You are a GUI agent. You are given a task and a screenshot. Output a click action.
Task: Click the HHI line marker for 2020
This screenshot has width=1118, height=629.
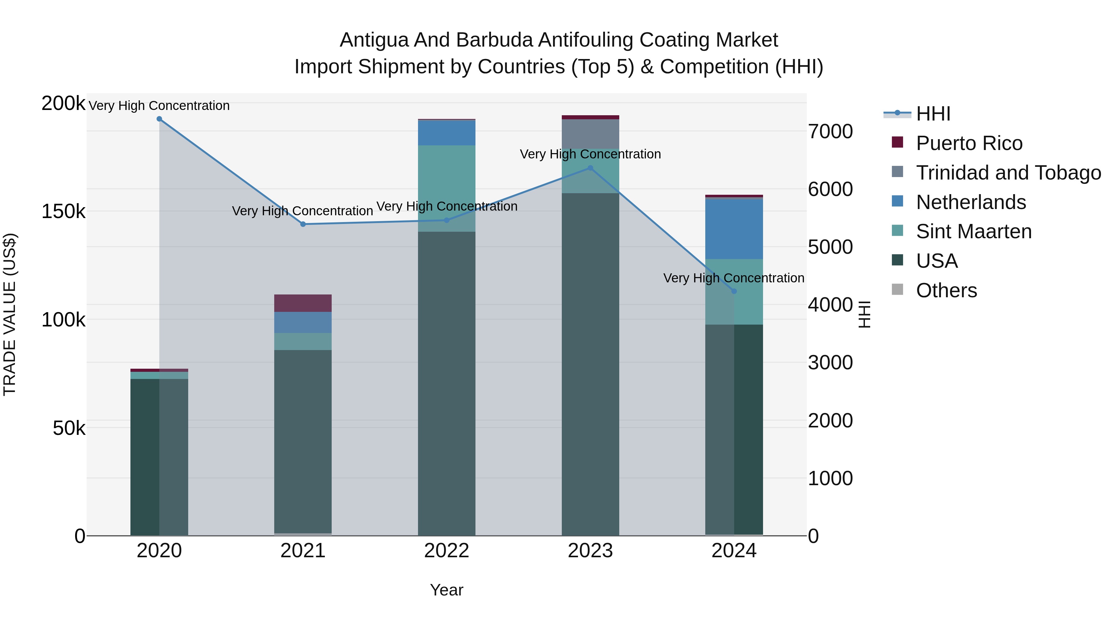pyautogui.click(x=159, y=119)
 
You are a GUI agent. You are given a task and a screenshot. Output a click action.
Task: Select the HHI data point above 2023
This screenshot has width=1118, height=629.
pyautogui.click(x=590, y=168)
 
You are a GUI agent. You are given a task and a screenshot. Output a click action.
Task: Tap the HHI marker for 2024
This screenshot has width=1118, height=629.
pyautogui.click(x=734, y=291)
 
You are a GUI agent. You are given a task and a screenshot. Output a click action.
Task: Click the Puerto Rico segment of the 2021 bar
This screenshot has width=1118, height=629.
pyautogui.click(x=303, y=303)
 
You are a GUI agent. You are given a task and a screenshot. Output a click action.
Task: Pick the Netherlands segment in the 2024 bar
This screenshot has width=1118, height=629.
pyautogui.click(x=734, y=228)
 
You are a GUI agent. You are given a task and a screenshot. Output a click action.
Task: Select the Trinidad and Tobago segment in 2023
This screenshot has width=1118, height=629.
pyautogui.click(x=590, y=134)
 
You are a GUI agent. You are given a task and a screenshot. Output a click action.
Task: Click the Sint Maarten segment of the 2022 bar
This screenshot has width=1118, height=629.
pyautogui.click(x=447, y=182)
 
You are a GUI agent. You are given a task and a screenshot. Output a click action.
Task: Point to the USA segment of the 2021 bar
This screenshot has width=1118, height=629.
pyautogui.click(x=303, y=440)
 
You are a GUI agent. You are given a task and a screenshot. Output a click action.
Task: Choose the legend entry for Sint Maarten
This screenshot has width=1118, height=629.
pyautogui.click(x=974, y=231)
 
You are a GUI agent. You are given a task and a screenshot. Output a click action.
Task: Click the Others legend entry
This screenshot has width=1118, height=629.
pyautogui.click(x=946, y=290)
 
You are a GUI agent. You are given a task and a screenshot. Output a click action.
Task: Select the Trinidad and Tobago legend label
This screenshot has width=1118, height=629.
pyautogui.click(x=1008, y=173)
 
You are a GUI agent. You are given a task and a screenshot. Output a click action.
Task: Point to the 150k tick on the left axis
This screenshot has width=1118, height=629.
pyautogui.click(x=63, y=212)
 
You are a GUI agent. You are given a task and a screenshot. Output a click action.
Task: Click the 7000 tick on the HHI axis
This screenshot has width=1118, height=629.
pyautogui.click(x=830, y=131)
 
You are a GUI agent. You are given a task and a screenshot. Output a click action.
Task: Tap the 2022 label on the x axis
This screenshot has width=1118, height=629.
pyautogui.click(x=447, y=551)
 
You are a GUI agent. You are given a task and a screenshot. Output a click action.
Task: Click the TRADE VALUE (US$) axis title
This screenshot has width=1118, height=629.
pyautogui.click(x=10, y=314)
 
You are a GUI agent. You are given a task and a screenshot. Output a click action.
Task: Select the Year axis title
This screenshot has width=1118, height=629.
pyautogui.click(x=447, y=590)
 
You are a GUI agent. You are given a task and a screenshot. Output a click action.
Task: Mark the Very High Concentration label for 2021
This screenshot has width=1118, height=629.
pyautogui.click(x=302, y=211)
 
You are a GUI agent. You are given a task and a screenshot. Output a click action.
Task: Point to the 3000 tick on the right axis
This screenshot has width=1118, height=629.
pyautogui.click(x=830, y=362)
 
